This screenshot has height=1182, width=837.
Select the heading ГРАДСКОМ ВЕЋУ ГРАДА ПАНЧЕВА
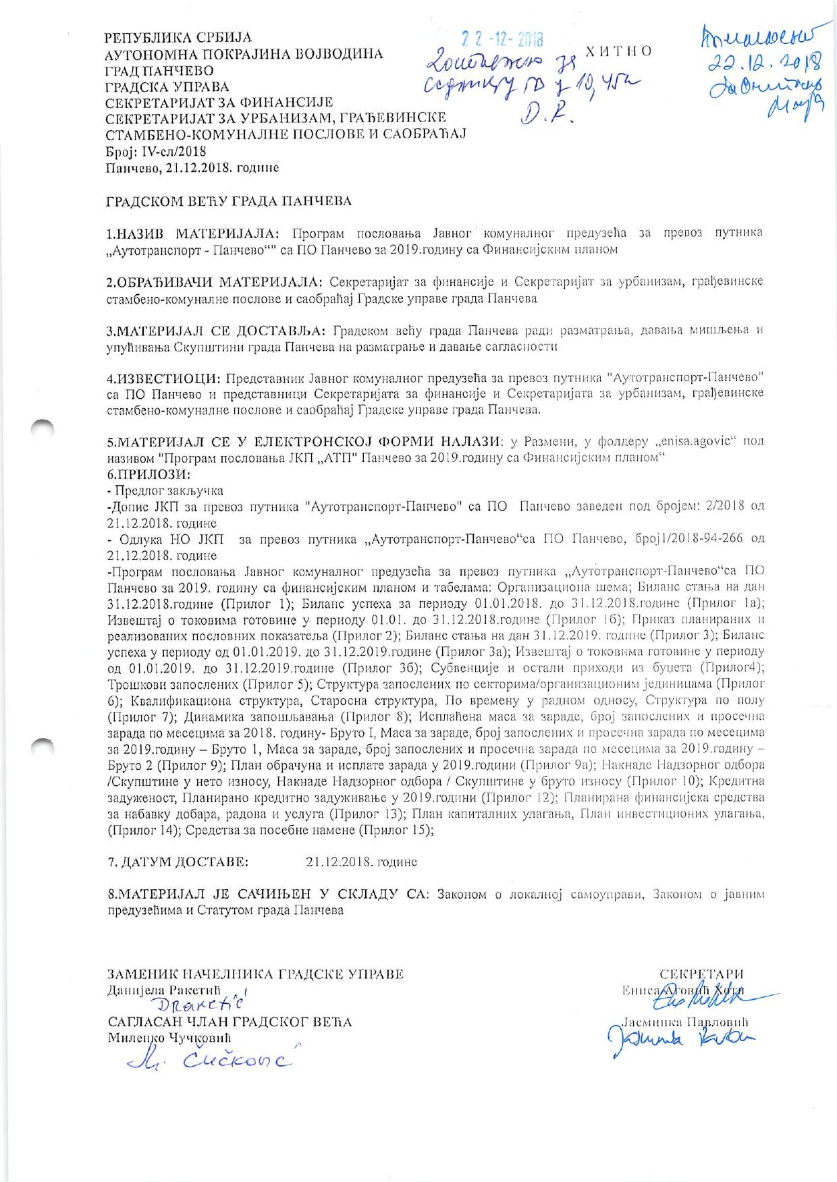230,200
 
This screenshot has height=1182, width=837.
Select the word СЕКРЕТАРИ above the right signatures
701,974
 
